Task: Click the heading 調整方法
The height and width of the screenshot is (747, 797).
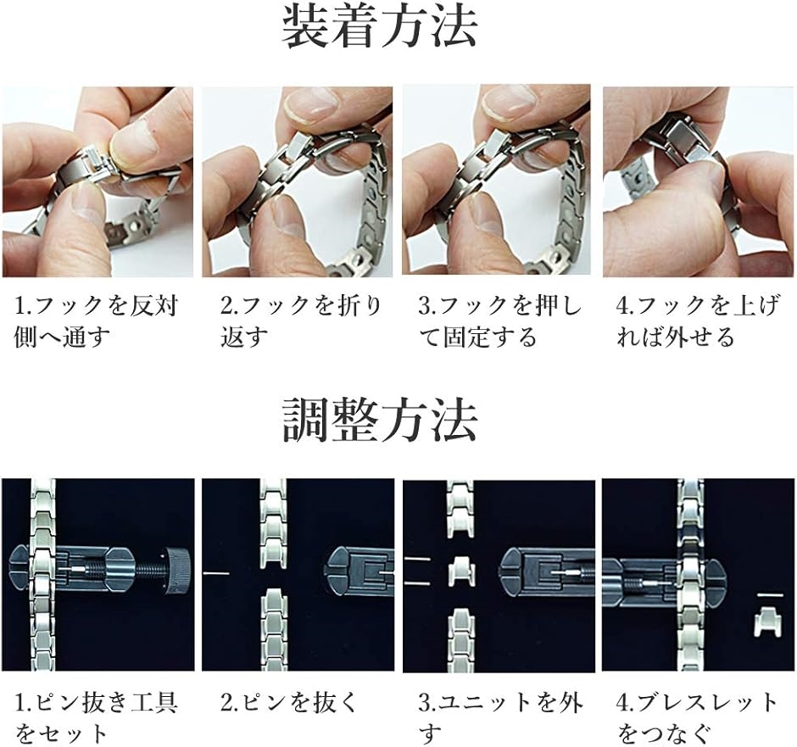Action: pos(379,421)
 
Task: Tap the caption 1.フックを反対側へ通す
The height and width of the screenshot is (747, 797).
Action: pos(97,321)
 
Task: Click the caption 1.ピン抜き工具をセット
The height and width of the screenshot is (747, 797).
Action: pos(97,716)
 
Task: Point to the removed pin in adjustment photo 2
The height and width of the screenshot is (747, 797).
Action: pos(216,574)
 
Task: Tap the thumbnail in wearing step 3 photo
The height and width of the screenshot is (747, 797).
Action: pos(510,105)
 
